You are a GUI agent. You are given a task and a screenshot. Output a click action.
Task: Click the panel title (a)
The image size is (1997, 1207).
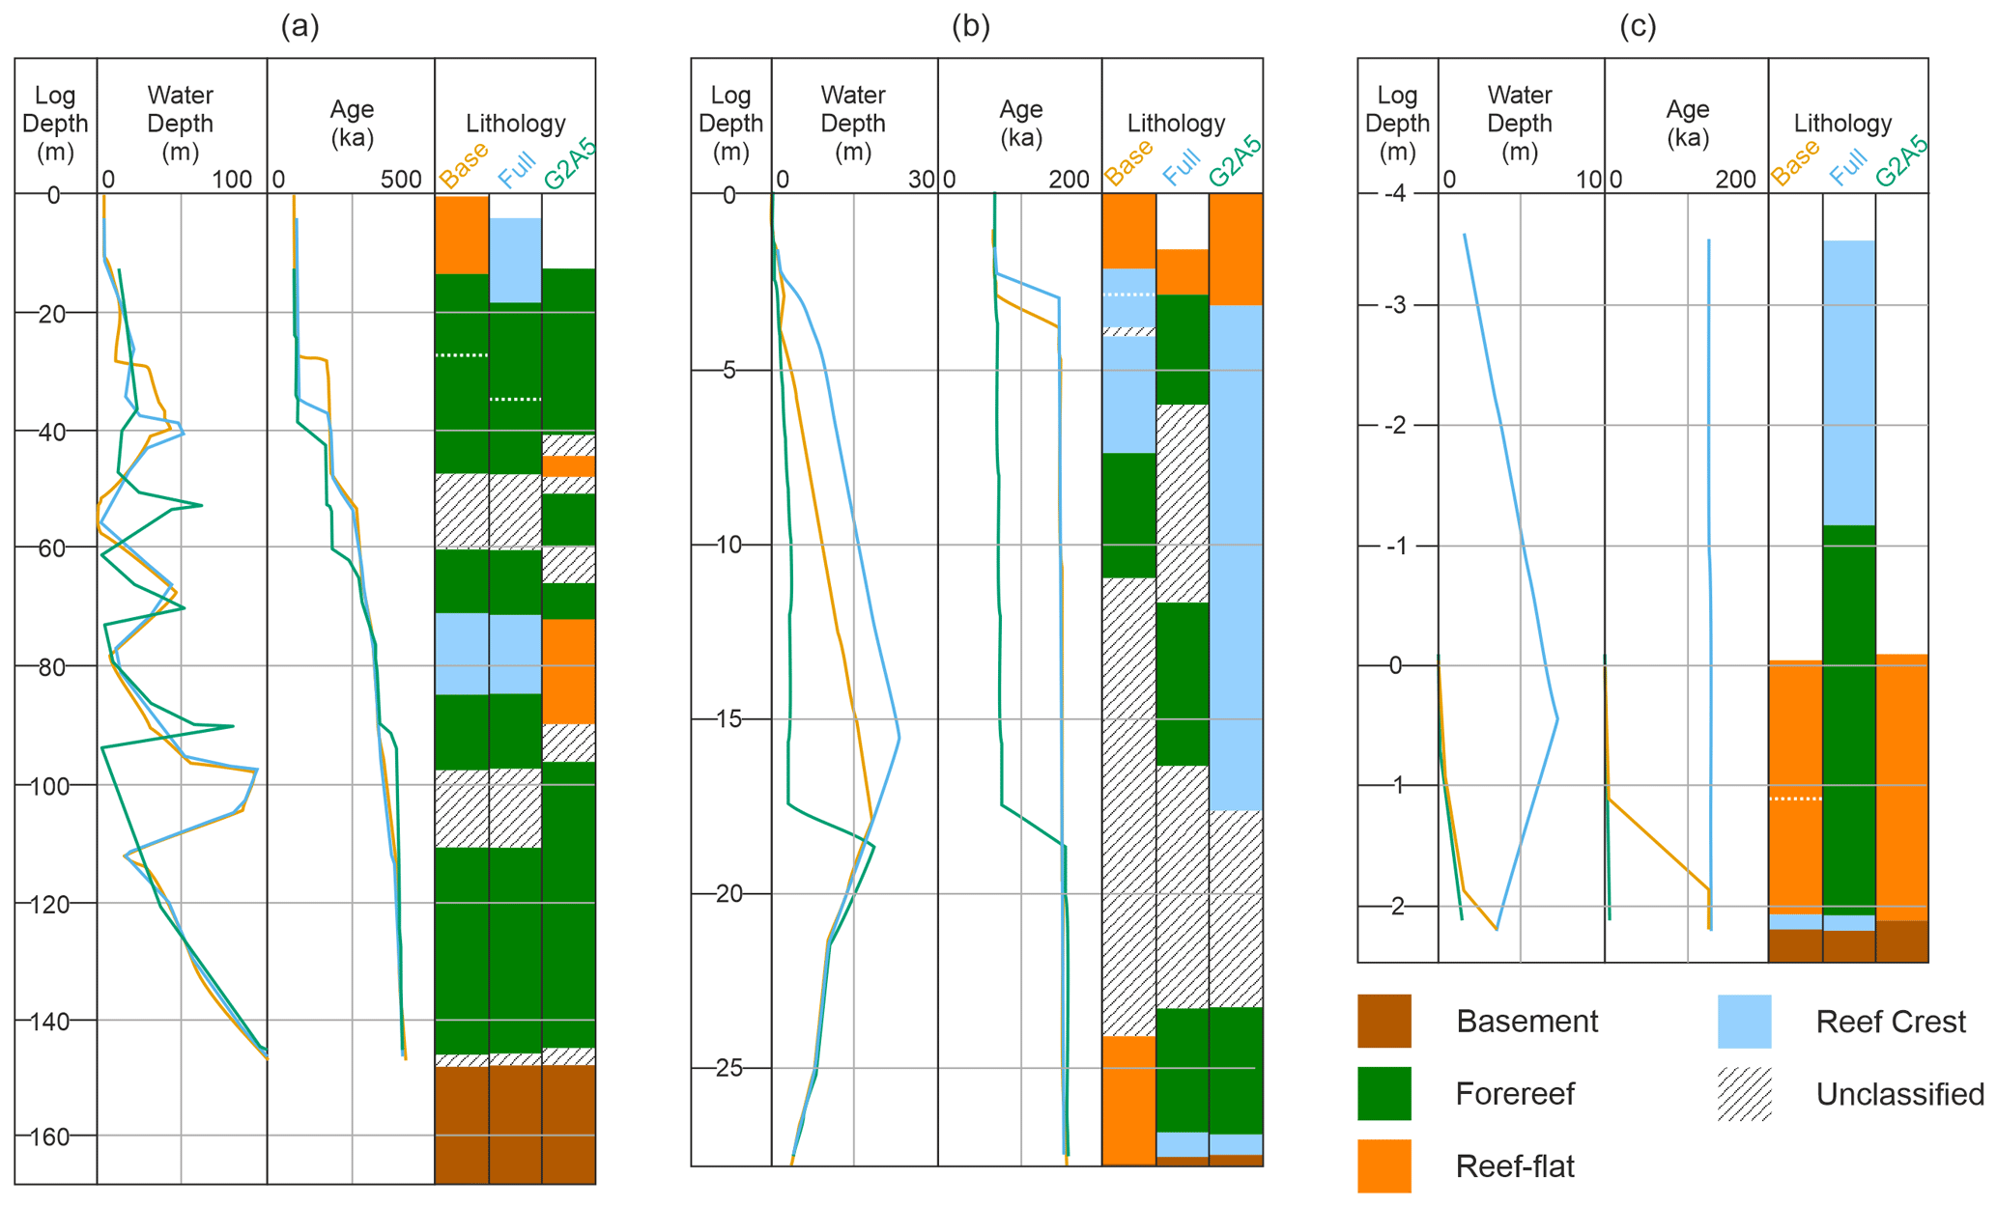click(x=300, y=26)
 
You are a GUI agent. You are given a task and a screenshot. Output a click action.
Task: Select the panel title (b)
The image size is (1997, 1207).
click(x=970, y=26)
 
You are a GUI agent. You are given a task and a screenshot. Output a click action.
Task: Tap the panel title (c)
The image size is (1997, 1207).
click(x=1638, y=26)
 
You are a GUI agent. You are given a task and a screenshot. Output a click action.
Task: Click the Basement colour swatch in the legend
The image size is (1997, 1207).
click(x=1384, y=1021)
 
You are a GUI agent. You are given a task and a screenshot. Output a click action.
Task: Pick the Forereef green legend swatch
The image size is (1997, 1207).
click(x=1384, y=1093)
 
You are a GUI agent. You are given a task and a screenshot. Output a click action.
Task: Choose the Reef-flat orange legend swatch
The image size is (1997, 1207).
click(x=1384, y=1165)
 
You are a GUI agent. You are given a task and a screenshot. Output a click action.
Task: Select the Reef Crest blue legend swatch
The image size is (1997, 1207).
click(x=1744, y=1021)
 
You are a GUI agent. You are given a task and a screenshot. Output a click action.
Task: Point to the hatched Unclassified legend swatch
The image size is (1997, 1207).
click(x=1744, y=1093)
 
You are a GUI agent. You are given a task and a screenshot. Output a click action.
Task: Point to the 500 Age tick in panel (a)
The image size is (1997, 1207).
click(x=401, y=180)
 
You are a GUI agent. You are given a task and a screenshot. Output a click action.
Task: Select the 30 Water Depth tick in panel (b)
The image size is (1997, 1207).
click(x=922, y=180)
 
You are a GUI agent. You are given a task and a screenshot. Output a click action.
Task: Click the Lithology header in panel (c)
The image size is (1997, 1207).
click(x=1842, y=124)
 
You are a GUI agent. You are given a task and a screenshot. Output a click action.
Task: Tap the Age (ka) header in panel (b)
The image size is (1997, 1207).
click(x=1020, y=124)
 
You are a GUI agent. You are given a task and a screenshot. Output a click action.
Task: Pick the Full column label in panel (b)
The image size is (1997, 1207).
click(x=1181, y=166)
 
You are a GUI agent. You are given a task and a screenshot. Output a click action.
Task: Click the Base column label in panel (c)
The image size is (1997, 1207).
click(x=1795, y=162)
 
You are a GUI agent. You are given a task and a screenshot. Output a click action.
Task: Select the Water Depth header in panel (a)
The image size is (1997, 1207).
click(x=181, y=124)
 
